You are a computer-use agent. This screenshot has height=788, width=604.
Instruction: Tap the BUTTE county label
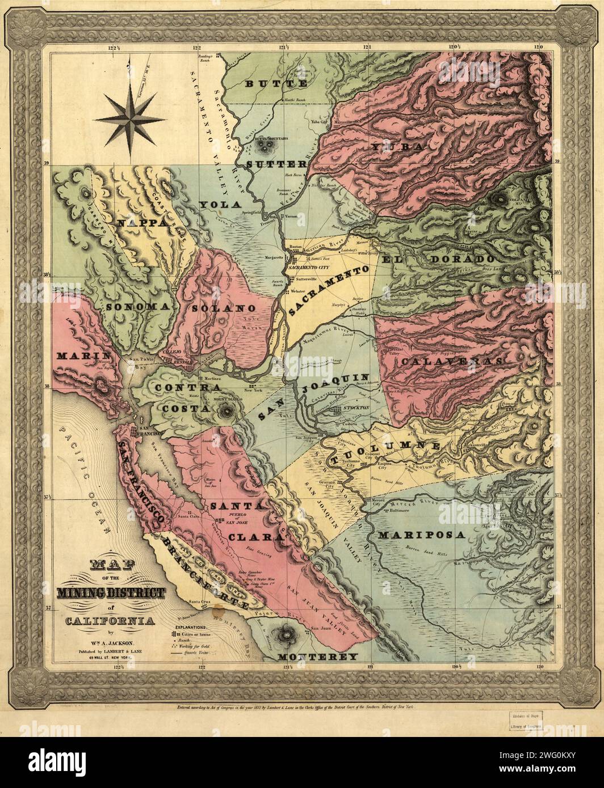tap(276, 84)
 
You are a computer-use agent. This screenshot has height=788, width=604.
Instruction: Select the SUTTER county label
tap(276, 165)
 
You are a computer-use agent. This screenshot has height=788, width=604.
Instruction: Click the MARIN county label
tap(79, 357)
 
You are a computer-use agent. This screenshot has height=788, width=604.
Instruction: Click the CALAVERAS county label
tap(452, 361)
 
